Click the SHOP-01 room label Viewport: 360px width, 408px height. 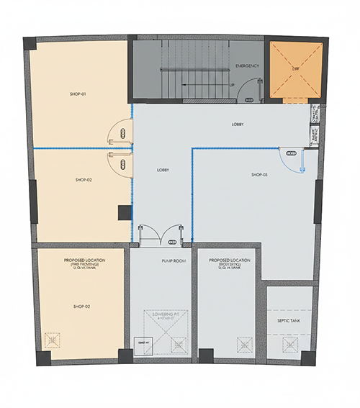pyautogui.click(x=78, y=94)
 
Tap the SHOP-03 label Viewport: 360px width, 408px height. pyautogui.click(x=259, y=175)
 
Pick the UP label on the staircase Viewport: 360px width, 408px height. pyautogui.click(x=232, y=85)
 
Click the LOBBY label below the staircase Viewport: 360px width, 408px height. pyautogui.click(x=238, y=124)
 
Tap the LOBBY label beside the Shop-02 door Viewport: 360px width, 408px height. pyautogui.click(x=163, y=171)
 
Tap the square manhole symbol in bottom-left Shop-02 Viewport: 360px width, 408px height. pyautogui.click(x=52, y=339)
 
